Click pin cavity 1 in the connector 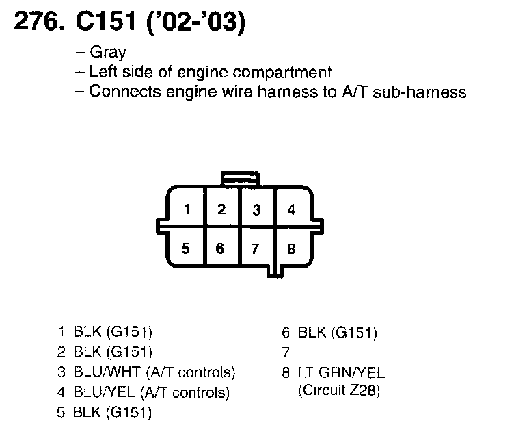point(187,209)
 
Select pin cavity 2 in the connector point(221,209)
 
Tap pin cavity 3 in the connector point(256,209)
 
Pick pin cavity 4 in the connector point(291,209)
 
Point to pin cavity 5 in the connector point(185,249)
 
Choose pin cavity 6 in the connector point(220,249)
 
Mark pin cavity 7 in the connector point(256,249)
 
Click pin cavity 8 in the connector point(291,249)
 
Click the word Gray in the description point(108,53)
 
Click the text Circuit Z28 point(339,392)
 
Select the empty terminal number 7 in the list point(285,353)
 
